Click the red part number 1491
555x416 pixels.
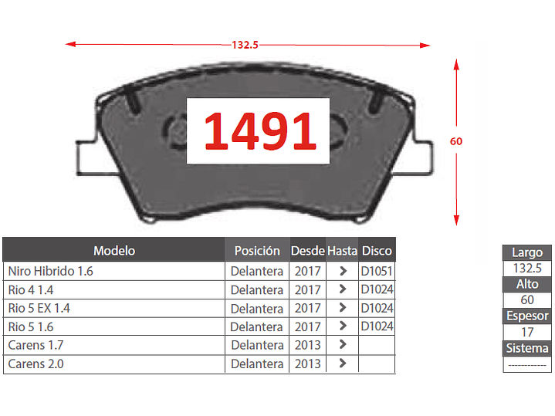(260, 131)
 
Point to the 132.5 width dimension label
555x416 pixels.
(245, 45)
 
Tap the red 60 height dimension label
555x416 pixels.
(456, 141)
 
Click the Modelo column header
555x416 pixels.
(114, 251)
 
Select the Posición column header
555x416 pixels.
(257, 251)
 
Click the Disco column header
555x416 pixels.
(377, 251)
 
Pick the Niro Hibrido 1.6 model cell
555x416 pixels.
(50, 271)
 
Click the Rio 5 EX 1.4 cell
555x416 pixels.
(39, 308)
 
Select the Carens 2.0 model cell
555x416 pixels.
(36, 364)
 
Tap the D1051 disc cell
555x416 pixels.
(377, 271)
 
